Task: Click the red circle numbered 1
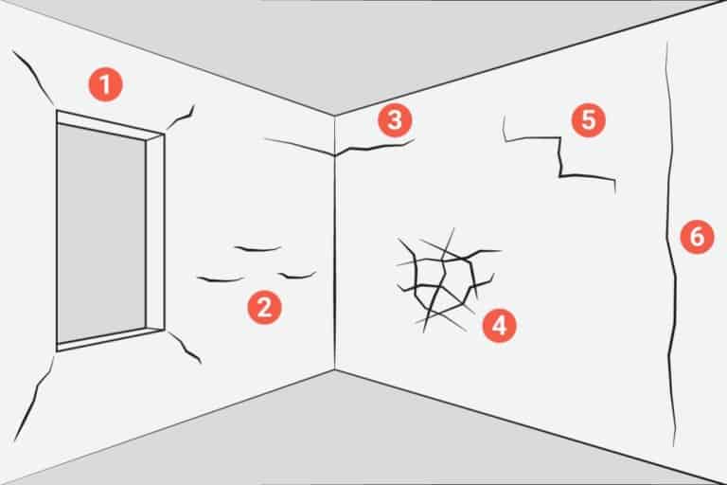106,85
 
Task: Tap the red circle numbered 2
264,307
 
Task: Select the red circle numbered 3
395,119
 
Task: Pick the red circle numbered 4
500,325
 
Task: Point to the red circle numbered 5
589,119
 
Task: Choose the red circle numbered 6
698,237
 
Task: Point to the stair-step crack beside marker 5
560,158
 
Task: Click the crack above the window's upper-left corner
35,77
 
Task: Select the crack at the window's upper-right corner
181,119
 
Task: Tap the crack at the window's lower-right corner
185,347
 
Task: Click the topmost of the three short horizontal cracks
257,250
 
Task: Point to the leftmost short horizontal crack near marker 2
221,279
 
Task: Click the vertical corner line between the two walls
334,242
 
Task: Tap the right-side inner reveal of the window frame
155,232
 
